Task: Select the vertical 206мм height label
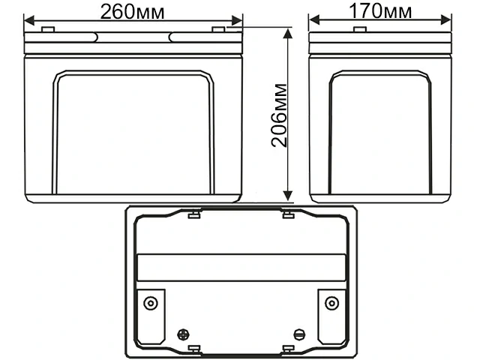point(279,117)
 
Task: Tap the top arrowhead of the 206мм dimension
point(288,32)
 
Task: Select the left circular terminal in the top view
point(151,303)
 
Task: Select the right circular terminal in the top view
point(331,303)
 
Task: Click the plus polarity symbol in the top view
point(181,334)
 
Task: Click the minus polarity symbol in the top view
point(301,334)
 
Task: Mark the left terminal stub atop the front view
point(48,29)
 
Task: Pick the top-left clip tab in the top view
point(193,216)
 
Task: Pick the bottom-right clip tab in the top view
point(287,349)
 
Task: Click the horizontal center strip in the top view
point(240,266)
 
